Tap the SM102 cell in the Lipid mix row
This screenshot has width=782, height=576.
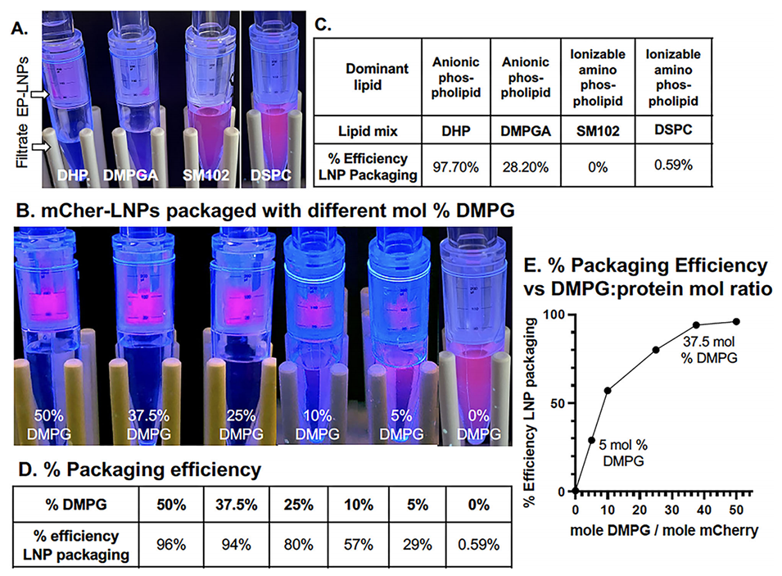595,129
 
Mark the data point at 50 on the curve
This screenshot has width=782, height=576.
736,321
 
